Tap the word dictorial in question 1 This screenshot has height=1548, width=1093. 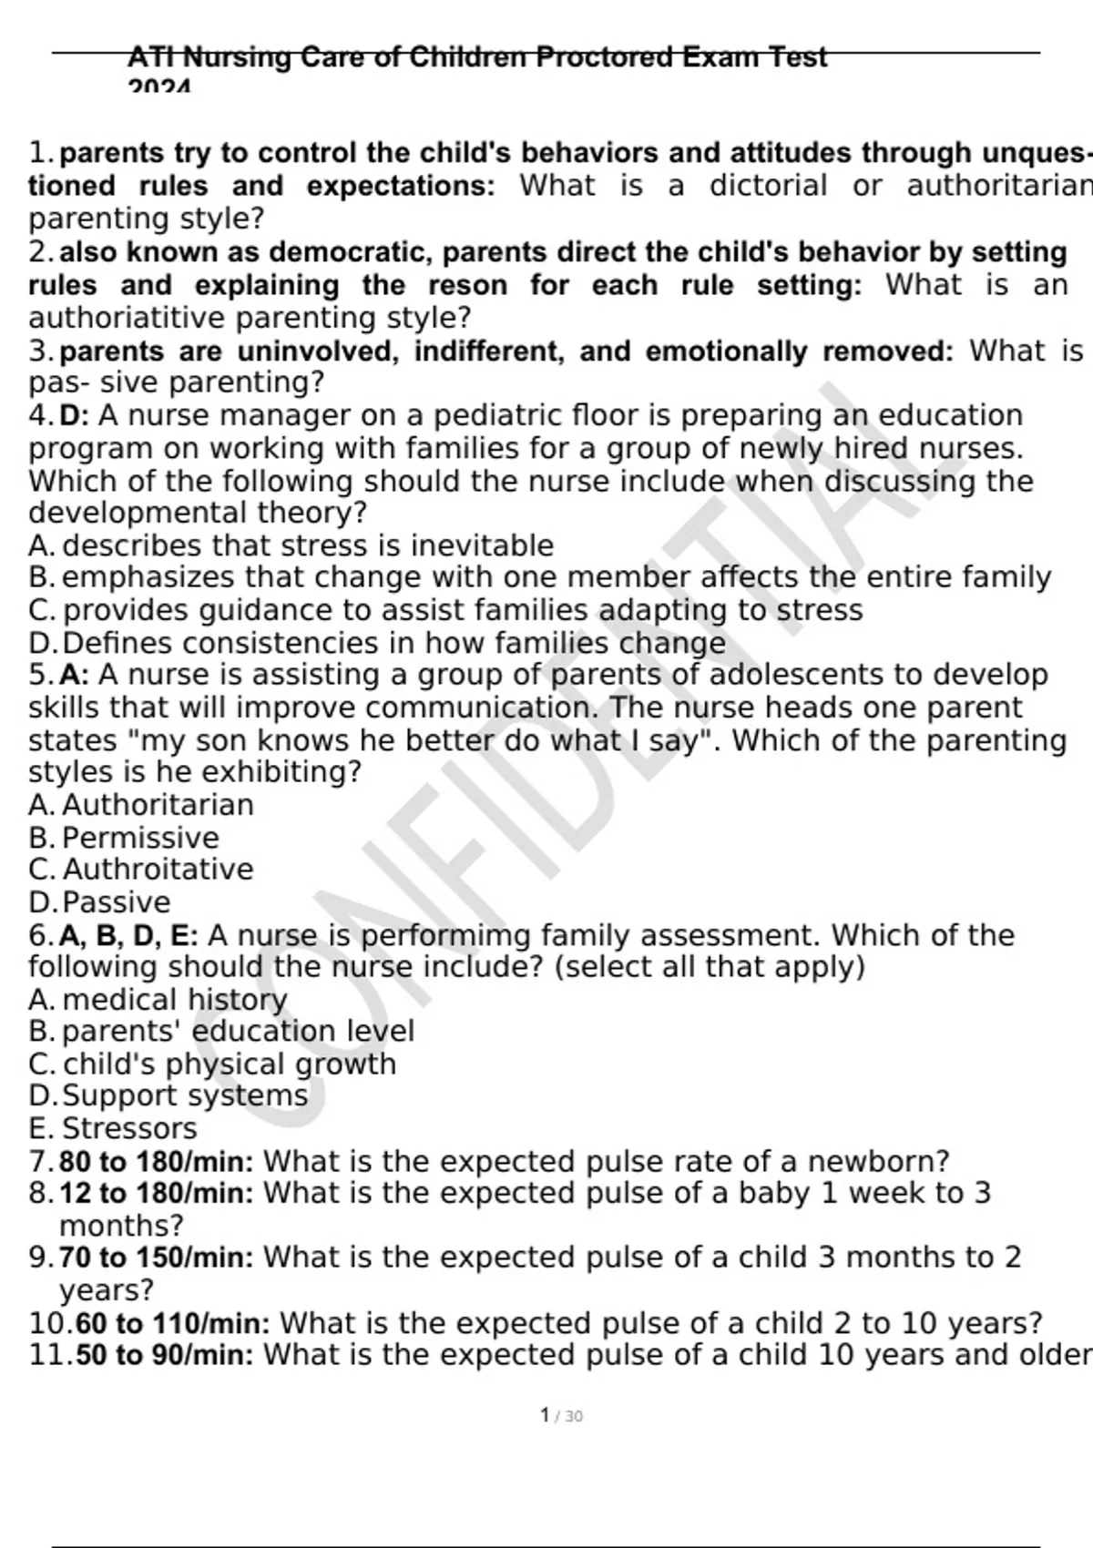(769, 186)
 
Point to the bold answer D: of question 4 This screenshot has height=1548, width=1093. (75, 416)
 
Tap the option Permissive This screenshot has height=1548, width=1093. (140, 838)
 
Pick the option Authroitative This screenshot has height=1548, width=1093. (158, 870)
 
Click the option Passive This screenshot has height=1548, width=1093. (117, 902)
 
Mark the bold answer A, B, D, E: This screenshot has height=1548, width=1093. (128, 935)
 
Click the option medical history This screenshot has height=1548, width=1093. (175, 1000)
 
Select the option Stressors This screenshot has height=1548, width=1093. (129, 1129)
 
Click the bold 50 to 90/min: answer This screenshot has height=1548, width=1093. (165, 1356)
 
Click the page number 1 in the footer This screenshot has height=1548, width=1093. (545, 1415)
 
